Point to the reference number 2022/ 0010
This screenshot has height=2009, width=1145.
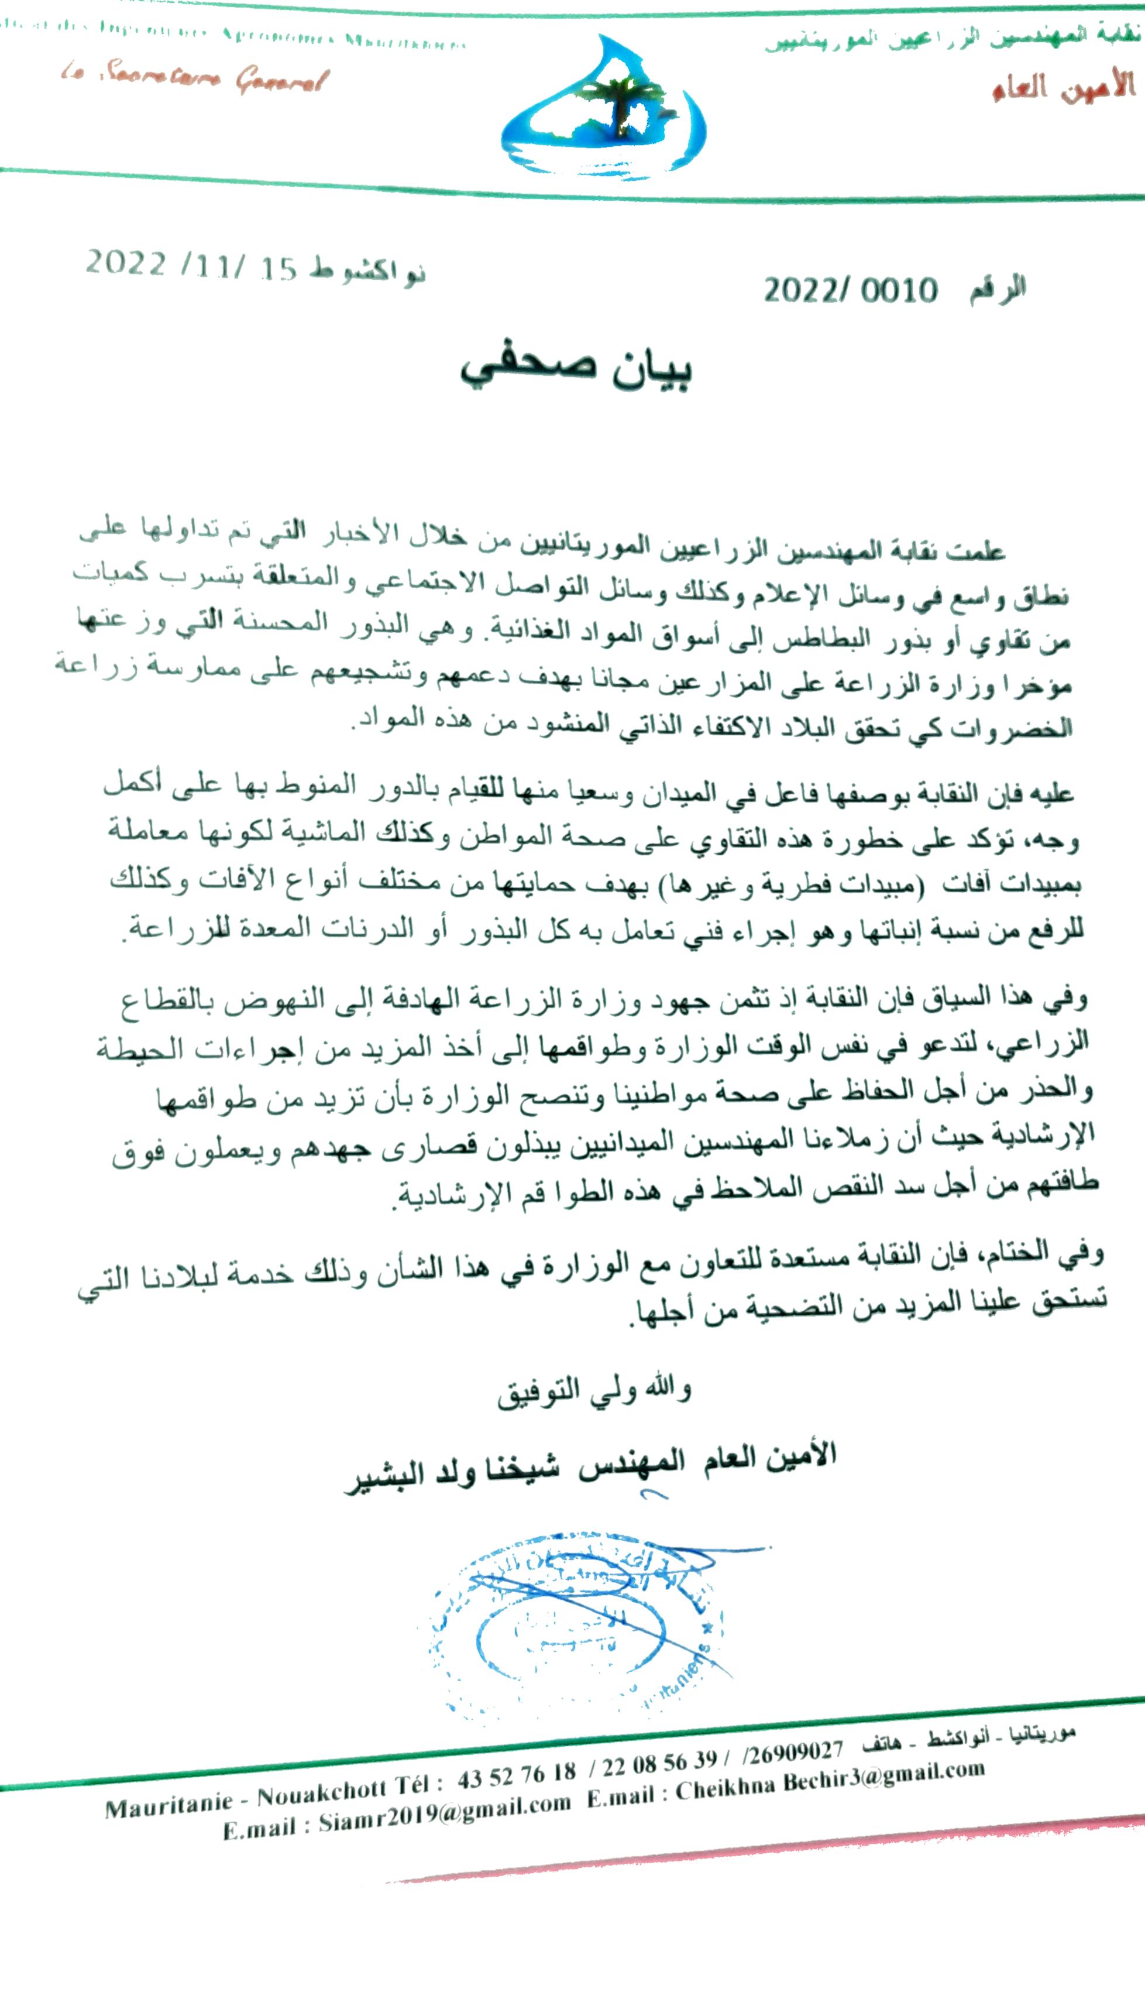850,290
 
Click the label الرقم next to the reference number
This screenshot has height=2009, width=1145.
997,289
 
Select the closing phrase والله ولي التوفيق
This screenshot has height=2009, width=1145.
594,1391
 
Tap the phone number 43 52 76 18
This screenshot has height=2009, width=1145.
517,1775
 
